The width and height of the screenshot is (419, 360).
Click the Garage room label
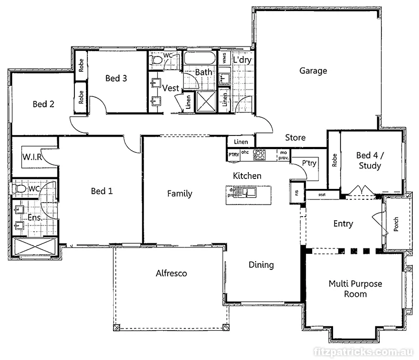(313, 71)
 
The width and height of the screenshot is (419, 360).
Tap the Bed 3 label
(116, 78)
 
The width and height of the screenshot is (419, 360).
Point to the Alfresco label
(171, 273)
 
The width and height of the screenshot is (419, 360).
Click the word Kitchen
(247, 176)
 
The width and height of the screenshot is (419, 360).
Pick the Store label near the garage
(295, 138)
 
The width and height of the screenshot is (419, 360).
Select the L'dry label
(242, 60)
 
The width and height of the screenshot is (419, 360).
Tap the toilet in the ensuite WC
(20, 188)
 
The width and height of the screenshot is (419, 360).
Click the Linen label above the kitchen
(241, 142)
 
